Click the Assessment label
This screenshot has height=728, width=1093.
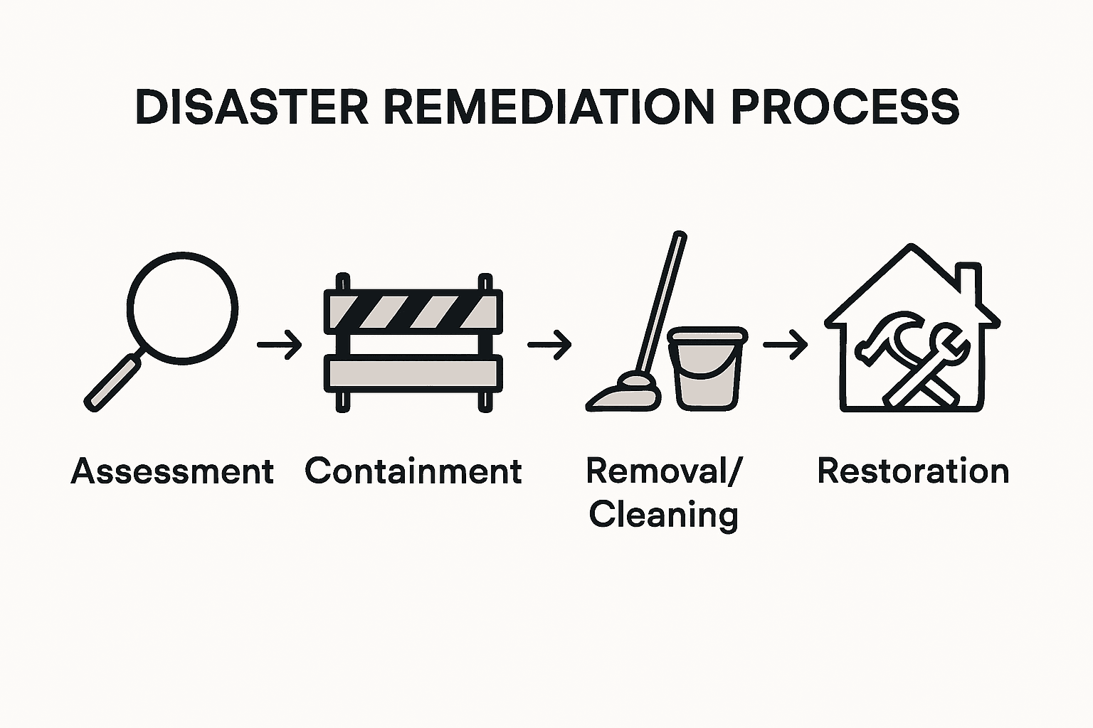[172, 472]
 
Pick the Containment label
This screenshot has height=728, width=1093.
[413, 471]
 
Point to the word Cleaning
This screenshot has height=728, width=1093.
[663, 515]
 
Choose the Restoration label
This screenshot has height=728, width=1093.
[913, 471]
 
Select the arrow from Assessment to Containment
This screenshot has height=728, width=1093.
[280, 345]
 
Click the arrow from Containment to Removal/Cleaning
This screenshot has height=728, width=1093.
[549, 345]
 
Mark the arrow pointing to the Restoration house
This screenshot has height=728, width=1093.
[785, 345]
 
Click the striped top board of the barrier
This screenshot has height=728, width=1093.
[413, 311]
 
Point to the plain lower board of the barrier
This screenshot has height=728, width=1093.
[413, 373]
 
